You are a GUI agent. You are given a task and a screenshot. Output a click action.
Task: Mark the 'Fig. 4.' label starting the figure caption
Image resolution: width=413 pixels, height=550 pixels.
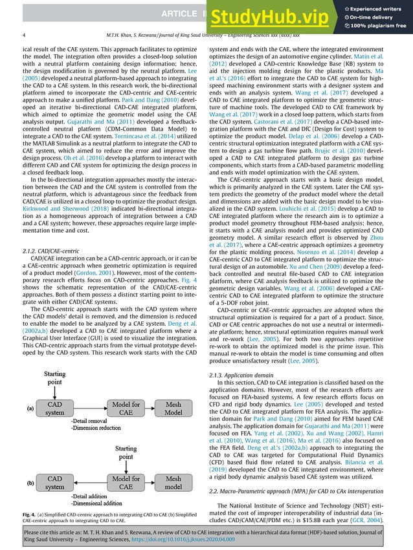30,513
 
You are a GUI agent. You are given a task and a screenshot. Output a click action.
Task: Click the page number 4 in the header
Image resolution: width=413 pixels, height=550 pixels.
24,36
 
